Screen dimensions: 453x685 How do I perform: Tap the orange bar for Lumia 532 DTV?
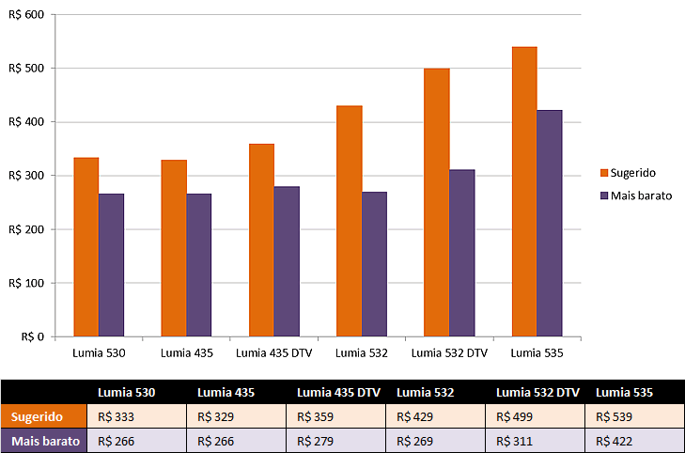437,202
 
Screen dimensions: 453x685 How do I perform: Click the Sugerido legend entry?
634,173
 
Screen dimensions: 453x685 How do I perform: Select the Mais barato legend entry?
640,195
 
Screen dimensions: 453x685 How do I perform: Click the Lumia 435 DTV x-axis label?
273,353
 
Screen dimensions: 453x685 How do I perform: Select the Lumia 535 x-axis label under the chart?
537,353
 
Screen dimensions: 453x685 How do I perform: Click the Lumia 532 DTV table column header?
537,392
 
